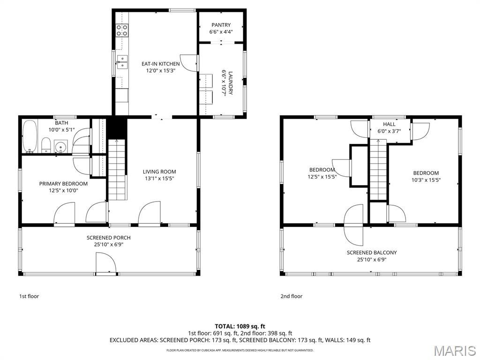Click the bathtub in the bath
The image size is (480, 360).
pos(30,136)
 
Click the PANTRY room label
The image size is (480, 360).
pos(221,25)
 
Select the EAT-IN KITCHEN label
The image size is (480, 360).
pos(160,64)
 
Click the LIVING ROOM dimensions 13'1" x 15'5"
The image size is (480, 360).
pos(159,179)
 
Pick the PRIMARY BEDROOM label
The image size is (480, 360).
pos(63,184)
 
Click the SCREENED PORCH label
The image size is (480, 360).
pos(109,238)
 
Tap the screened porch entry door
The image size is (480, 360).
pos(106,262)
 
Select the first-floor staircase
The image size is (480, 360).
pos(117,170)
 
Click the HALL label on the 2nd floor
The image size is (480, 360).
pos(389,124)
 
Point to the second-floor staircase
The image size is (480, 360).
pos(378,170)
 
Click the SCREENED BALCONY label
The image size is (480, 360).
pos(372,253)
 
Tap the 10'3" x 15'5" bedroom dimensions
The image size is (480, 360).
pos(426,180)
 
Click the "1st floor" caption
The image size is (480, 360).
pos(29,296)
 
